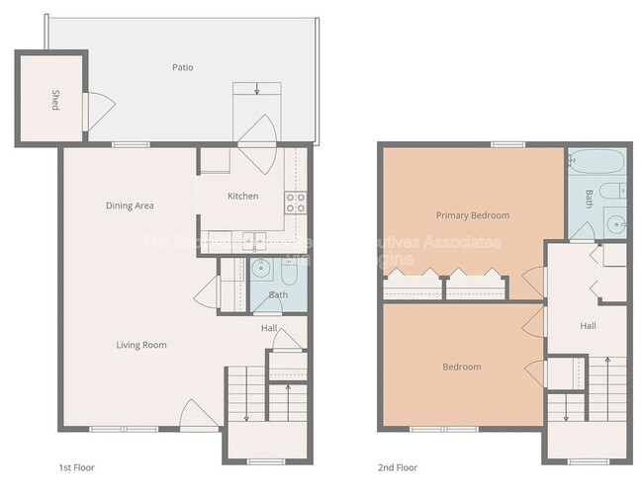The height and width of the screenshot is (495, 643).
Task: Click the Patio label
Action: tap(181, 68)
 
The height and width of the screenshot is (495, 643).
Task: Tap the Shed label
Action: tap(55, 100)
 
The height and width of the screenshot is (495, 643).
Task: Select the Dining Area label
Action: tap(130, 206)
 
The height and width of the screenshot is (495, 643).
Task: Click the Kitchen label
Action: tap(242, 196)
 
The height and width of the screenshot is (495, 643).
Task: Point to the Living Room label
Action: tap(141, 345)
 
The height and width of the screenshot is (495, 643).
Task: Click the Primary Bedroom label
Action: tap(472, 215)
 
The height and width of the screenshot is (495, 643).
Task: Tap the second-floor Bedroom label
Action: tap(461, 368)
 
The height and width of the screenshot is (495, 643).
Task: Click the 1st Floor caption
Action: tap(76, 467)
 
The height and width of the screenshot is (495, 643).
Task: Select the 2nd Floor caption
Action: tap(398, 467)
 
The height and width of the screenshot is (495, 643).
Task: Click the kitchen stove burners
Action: tap(295, 203)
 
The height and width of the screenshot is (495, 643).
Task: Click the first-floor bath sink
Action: tap(263, 268)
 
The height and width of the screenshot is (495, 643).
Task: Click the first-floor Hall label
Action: tap(268, 328)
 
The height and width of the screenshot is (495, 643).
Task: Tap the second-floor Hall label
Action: tap(588, 326)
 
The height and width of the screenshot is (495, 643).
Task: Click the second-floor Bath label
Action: tap(589, 198)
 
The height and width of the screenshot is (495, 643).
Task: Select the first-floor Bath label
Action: tap(278, 294)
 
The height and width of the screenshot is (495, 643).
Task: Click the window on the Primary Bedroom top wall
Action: tap(507, 145)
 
